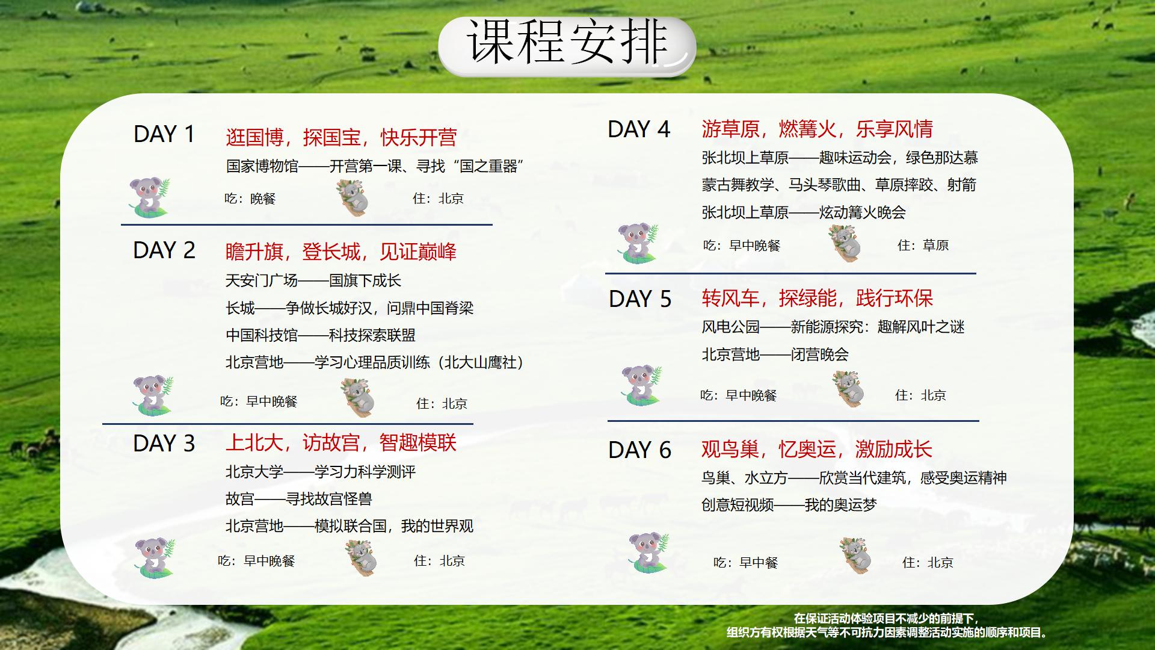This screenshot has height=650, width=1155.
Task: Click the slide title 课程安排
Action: click(x=567, y=42)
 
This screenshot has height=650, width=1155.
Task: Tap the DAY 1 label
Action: click(x=164, y=134)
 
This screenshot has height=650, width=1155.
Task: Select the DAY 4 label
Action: click(x=639, y=129)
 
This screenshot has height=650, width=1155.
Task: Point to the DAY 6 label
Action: click(x=639, y=450)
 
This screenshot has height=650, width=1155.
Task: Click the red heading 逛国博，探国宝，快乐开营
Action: click(x=341, y=137)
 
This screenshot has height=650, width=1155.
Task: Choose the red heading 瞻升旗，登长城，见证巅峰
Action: click(x=341, y=251)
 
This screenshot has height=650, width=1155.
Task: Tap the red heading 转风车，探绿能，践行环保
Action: click(x=817, y=298)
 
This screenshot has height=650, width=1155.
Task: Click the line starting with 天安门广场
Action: click(x=313, y=280)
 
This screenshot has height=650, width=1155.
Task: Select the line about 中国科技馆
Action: click(x=320, y=335)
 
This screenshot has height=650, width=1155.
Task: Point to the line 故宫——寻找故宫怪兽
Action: click(x=298, y=499)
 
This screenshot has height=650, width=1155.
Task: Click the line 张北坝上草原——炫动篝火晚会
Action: click(x=804, y=212)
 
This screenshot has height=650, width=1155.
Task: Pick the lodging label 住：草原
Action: click(x=923, y=246)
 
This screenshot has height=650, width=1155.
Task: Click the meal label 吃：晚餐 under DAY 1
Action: click(x=250, y=199)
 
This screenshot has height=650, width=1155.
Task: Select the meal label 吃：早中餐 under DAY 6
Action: click(x=745, y=563)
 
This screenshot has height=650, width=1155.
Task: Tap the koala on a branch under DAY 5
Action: click(x=848, y=389)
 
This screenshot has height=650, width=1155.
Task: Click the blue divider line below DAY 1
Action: click(x=307, y=224)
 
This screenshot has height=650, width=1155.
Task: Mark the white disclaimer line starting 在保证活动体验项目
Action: click(x=886, y=619)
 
